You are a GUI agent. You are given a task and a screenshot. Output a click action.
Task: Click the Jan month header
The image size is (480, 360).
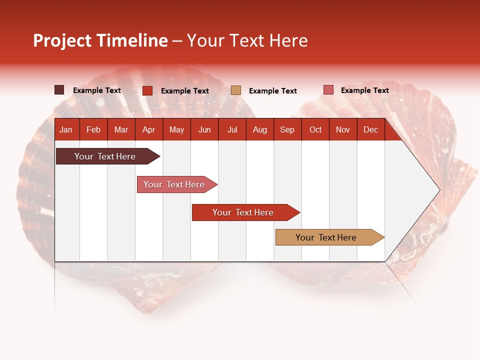pyautogui.click(x=66, y=129)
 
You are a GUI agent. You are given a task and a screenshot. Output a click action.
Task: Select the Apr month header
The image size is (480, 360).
pyautogui.click(x=149, y=129)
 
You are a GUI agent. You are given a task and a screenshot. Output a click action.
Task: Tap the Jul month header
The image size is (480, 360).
pyautogui.click(x=232, y=129)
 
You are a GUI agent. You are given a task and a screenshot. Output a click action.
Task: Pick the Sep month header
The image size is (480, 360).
pyautogui.click(x=287, y=129)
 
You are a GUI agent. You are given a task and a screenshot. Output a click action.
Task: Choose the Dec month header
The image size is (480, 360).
pyautogui.click(x=370, y=129)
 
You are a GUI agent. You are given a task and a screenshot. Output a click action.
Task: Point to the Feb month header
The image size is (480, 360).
pyautogui.click(x=93, y=129)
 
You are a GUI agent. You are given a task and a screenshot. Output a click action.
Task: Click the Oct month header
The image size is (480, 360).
pyautogui.click(x=315, y=129)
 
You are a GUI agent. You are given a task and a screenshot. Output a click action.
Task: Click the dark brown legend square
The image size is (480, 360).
pyautogui.click(x=59, y=90)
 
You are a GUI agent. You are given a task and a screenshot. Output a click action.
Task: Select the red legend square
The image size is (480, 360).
pyautogui.click(x=147, y=90)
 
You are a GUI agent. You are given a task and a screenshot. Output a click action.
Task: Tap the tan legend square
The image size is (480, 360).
pyautogui.click(x=236, y=90)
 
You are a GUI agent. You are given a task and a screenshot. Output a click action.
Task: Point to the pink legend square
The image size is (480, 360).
pyautogui.click(x=328, y=90)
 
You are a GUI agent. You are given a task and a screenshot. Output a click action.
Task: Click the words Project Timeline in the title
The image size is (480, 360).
pyautogui.click(x=100, y=40)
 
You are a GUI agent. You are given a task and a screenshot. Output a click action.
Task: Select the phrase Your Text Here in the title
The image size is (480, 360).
pyautogui.click(x=247, y=40)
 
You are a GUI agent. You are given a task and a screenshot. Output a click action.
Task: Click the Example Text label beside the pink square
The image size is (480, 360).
pyautogui.click(x=364, y=90)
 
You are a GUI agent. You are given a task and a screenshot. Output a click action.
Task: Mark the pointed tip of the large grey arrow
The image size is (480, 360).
pyautogui.click(x=439, y=189)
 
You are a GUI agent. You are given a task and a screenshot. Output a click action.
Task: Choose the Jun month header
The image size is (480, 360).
pyautogui.click(x=204, y=129)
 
